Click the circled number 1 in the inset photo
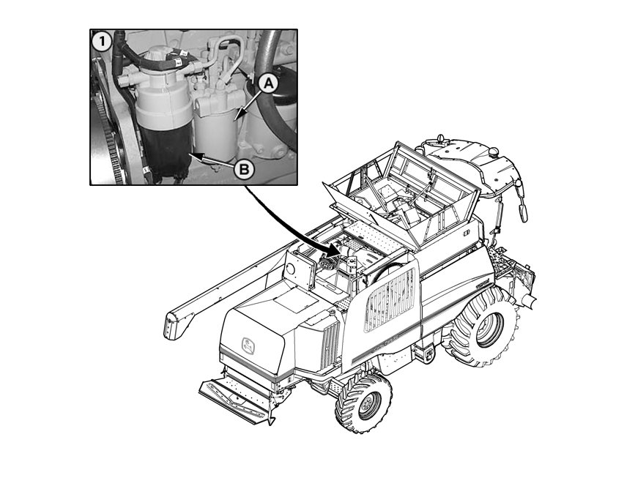point(101,42)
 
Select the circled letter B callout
point(244,169)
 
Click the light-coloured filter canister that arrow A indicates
point(216,130)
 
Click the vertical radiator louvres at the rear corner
point(330,341)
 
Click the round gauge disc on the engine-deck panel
point(290,268)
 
